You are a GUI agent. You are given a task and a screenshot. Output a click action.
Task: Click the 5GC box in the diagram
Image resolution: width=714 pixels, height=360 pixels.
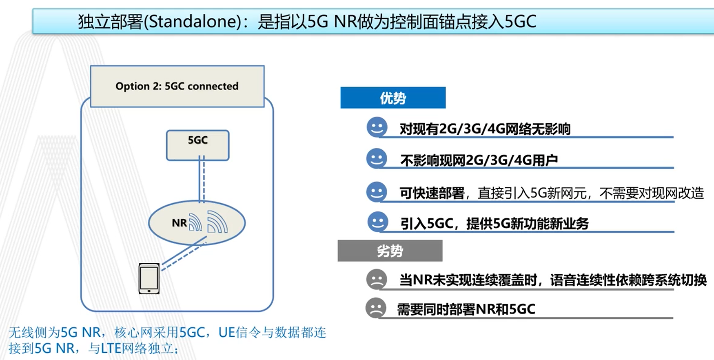click(197, 145)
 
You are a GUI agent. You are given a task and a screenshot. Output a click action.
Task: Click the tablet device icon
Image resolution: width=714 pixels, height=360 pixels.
click(149, 279)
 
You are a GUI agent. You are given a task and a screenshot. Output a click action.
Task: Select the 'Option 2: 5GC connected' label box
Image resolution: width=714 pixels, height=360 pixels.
click(177, 86)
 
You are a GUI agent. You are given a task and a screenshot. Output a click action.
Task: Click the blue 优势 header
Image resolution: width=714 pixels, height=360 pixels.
click(392, 98)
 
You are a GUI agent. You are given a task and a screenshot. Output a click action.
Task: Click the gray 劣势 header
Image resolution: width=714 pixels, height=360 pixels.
click(390, 251)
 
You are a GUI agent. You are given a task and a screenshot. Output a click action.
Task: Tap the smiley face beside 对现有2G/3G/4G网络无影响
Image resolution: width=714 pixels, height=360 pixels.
click(377, 127)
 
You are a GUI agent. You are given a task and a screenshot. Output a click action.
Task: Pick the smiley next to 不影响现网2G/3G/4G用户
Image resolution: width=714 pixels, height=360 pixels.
click(376, 158)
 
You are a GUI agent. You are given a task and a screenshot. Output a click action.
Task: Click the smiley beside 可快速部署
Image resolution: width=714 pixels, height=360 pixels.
click(376, 191)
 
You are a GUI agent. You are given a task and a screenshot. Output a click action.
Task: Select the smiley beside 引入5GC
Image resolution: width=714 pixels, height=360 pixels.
click(377, 222)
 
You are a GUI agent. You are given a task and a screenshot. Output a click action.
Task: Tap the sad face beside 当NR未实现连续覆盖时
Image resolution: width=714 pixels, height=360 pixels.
click(376, 280)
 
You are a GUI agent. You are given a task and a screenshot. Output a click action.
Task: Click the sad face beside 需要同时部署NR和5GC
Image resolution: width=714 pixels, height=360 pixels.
click(375, 308)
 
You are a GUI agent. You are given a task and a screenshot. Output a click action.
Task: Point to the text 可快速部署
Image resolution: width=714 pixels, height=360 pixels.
click(432, 193)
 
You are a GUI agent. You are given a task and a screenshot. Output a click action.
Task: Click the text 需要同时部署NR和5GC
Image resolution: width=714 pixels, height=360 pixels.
click(466, 309)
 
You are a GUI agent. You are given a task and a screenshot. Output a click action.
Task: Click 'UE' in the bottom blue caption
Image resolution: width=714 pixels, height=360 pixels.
click(227, 332)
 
